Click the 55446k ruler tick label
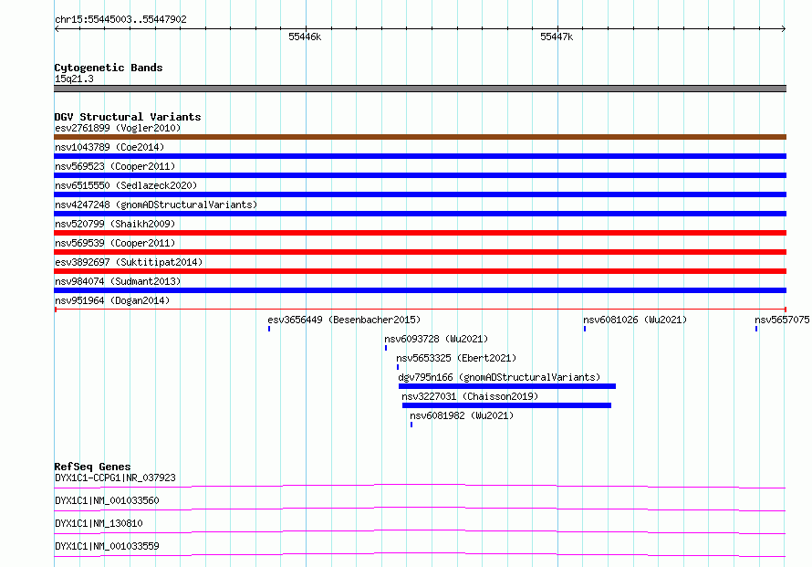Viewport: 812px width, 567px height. pyautogui.click(x=305, y=37)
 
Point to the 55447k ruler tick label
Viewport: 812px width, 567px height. pyautogui.click(x=557, y=37)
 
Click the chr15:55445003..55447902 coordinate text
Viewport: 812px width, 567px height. pyautogui.click(x=120, y=19)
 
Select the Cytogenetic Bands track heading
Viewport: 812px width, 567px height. pyautogui.click(x=109, y=68)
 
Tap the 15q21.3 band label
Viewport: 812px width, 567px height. pyautogui.click(x=74, y=79)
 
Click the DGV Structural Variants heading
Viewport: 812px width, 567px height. pyautogui.click(x=128, y=117)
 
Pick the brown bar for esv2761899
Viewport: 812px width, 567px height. pyautogui.click(x=420, y=137)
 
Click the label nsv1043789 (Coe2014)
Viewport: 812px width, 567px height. pyautogui.click(x=109, y=147)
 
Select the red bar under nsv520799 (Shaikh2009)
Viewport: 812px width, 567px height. pyautogui.click(x=420, y=233)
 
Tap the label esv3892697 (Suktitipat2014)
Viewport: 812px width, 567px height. pyautogui.click(x=129, y=262)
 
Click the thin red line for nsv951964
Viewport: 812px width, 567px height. pyautogui.click(x=420, y=310)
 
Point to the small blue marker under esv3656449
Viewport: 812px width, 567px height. pyautogui.click(x=269, y=329)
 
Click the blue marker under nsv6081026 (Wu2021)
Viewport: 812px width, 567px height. pyautogui.click(x=585, y=329)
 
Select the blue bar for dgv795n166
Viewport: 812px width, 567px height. pyautogui.click(x=507, y=386)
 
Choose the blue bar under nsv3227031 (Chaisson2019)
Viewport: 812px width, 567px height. pyautogui.click(x=506, y=405)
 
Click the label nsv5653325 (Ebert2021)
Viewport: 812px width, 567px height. pyautogui.click(x=456, y=358)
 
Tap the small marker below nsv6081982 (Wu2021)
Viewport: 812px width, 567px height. pyautogui.click(x=411, y=425)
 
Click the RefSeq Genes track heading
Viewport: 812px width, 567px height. pyautogui.click(x=92, y=467)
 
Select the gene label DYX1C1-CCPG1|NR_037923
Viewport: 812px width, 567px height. pyautogui.click(x=115, y=478)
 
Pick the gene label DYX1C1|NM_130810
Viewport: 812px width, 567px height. pyautogui.click(x=99, y=523)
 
